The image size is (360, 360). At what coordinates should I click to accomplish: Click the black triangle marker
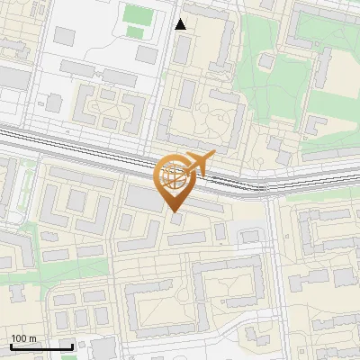click(x=181, y=24)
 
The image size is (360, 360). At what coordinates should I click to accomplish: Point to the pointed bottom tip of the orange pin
click(x=175, y=211)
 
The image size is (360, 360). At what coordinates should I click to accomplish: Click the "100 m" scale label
click(x=23, y=338)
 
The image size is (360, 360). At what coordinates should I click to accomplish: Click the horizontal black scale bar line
click(x=41, y=346)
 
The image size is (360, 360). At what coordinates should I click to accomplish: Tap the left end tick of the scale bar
click(x=11, y=345)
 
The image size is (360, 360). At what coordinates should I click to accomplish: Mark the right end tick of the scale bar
click(x=72, y=345)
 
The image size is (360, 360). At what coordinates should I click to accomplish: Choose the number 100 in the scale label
click(x=19, y=338)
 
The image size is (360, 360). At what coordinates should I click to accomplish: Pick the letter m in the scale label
click(x=32, y=338)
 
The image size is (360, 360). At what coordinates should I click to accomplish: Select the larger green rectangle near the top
click(x=138, y=14)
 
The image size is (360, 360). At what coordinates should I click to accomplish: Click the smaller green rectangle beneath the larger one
click(x=135, y=32)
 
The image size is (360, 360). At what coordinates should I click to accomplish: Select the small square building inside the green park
click(x=266, y=61)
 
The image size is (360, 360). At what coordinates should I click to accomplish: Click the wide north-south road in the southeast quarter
click(x=275, y=270)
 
